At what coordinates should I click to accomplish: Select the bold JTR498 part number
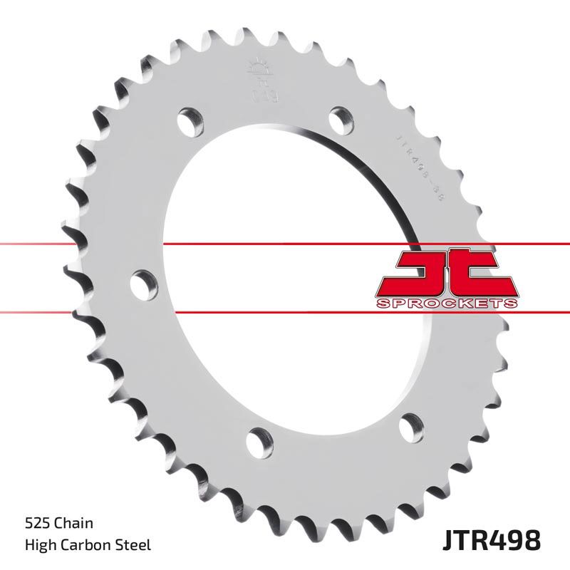point(491,539)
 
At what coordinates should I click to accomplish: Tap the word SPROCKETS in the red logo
point(445,304)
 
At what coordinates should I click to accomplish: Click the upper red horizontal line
point(285,244)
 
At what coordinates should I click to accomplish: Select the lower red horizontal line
point(285,311)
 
